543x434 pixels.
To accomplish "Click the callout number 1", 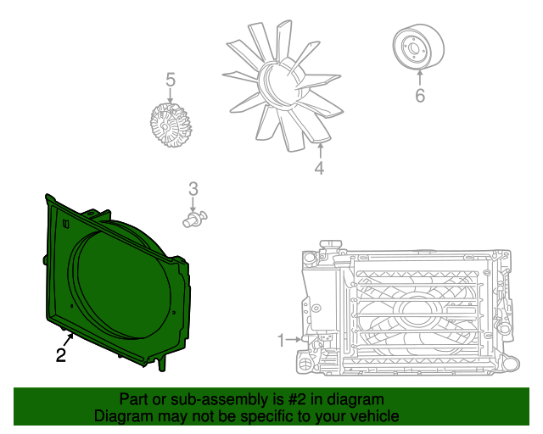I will pyautogui.click(x=282, y=341).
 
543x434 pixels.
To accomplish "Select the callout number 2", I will pyautogui.click(x=61, y=356).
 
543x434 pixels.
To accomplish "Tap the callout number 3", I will pyautogui.click(x=193, y=189).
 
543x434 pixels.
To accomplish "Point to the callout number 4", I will pyautogui.click(x=319, y=169).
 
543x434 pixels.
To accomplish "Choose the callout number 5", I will pyautogui.click(x=171, y=81).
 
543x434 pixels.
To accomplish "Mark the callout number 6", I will pyautogui.click(x=419, y=95).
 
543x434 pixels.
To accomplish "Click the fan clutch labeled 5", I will pyautogui.click(x=170, y=123).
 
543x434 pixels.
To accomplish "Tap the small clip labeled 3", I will pyautogui.click(x=194, y=221).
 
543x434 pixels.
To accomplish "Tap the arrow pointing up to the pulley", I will pyautogui.click(x=419, y=76).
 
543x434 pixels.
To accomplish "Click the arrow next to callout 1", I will pyautogui.click(x=294, y=340).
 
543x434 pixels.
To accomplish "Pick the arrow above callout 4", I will pyautogui.click(x=319, y=151).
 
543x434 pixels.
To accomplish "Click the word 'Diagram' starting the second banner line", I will pyautogui.click(x=124, y=416).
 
